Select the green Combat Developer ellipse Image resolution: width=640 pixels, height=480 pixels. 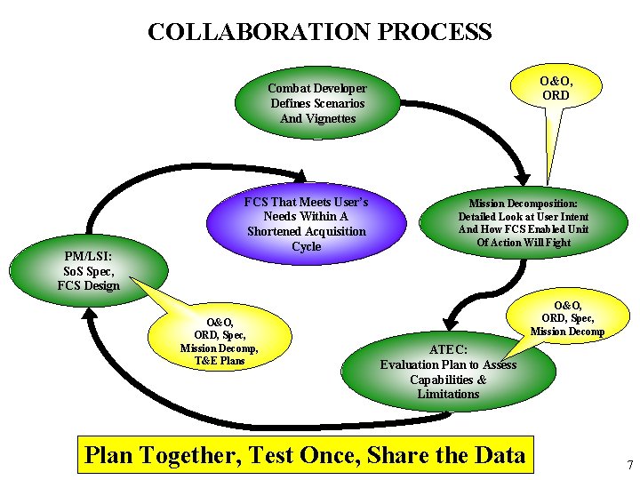(317, 103)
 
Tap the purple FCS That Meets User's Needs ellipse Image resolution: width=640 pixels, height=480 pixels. (306, 224)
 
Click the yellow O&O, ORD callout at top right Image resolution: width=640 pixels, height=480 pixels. (556, 88)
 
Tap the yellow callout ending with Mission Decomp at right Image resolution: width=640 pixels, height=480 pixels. (567, 319)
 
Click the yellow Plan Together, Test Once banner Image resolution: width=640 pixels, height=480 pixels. (305, 455)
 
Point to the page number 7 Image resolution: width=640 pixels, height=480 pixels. (629, 465)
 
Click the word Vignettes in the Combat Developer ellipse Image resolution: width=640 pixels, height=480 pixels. (317, 118)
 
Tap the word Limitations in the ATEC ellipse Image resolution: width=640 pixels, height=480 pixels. (448, 394)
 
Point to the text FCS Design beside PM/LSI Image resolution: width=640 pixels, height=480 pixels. (88, 285)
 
